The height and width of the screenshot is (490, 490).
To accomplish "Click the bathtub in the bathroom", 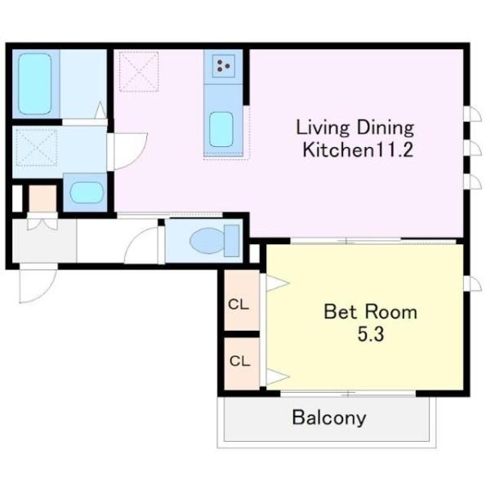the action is [x=34, y=84].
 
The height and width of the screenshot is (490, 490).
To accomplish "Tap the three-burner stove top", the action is [x=224, y=66].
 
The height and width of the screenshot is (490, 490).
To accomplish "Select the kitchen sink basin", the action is [x=221, y=129].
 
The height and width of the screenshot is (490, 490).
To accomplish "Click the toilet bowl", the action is [x=207, y=240].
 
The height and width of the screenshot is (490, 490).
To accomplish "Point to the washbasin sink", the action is [x=87, y=192].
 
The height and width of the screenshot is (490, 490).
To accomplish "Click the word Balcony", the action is [x=329, y=418].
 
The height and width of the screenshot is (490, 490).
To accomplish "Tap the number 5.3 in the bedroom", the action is [x=371, y=334].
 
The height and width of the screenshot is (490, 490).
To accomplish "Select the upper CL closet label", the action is [x=238, y=305].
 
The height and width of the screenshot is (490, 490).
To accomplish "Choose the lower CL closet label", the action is [x=239, y=361].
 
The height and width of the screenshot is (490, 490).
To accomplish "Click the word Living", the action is [x=323, y=128].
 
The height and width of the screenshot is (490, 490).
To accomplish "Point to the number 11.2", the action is [x=394, y=149].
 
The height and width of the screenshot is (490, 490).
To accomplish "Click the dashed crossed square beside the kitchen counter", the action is [x=139, y=72].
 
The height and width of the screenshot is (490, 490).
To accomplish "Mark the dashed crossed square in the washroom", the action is [x=37, y=148].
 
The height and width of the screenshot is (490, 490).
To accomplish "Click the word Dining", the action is [x=385, y=128].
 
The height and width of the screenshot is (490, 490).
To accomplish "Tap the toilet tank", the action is [x=232, y=241].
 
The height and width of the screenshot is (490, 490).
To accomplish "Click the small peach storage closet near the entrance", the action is [x=42, y=198].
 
